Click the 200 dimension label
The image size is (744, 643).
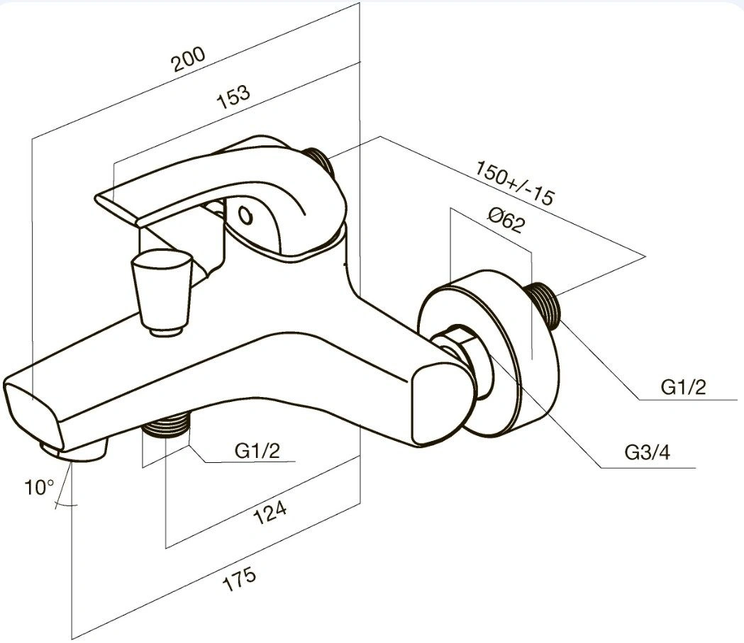tap(189, 59)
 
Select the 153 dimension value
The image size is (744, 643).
tap(233, 96)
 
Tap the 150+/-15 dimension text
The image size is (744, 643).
tap(515, 183)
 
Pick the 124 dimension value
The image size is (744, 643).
tap(270, 513)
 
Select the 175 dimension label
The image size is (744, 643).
tap(240, 578)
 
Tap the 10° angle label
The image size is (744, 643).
tap(40, 486)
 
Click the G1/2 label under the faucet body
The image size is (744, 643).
tap(257, 450)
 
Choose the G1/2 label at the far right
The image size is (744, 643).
tap(683, 387)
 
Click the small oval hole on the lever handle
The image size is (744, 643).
tap(245, 216)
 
